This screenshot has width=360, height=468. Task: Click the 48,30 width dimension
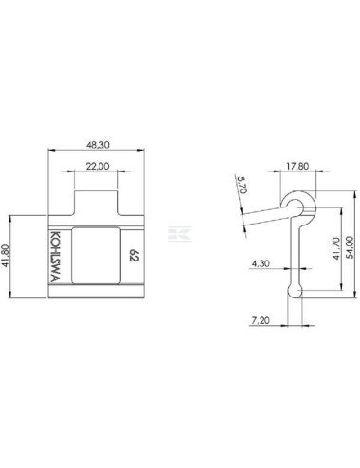point(98,145)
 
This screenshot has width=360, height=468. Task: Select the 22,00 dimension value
point(98,166)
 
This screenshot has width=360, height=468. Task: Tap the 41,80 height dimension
point(6,256)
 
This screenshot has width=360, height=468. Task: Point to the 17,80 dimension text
point(297,166)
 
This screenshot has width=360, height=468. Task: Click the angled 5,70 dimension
point(243,185)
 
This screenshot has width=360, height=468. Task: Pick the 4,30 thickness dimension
point(261,263)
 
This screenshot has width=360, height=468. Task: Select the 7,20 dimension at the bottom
point(261,320)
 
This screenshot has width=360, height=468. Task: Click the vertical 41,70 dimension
point(337,248)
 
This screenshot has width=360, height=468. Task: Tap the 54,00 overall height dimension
point(350,247)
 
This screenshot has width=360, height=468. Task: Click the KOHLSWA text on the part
point(55,257)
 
